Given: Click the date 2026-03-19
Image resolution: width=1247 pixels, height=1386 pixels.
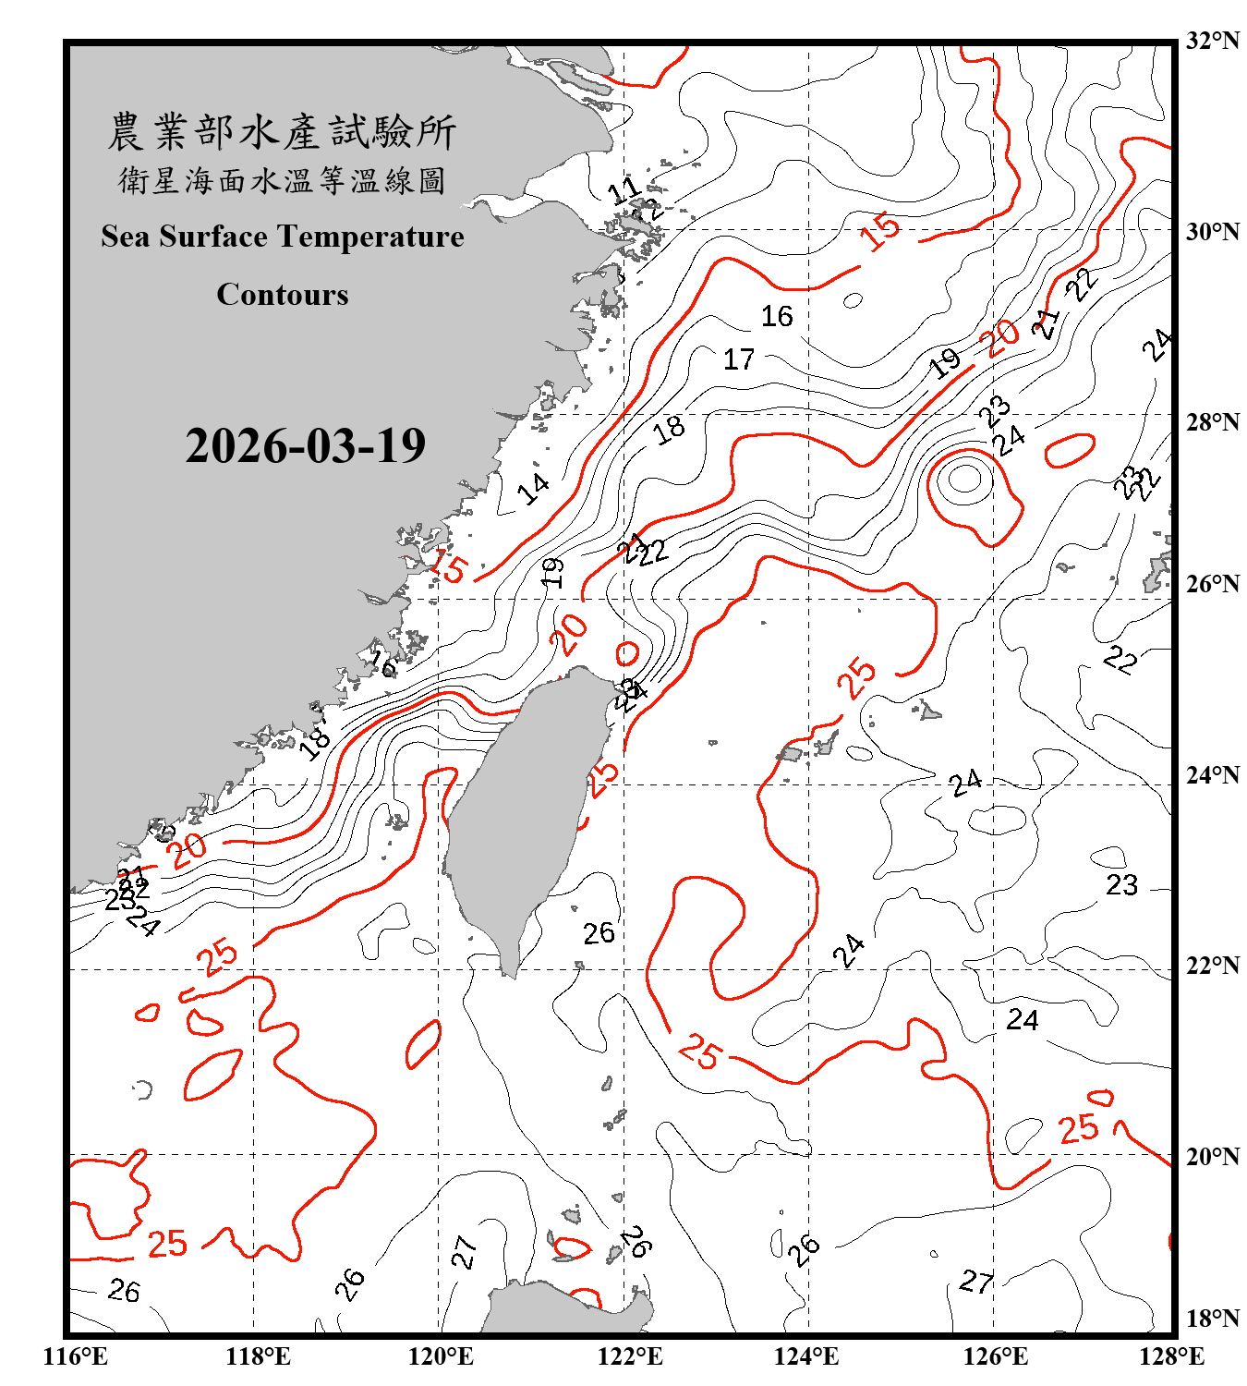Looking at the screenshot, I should point(305,446).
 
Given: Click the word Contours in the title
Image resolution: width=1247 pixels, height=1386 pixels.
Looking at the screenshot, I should point(283,295).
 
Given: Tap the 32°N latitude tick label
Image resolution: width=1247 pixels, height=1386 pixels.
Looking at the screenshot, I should point(1212,41).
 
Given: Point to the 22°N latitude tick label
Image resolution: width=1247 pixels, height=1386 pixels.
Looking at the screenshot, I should point(1212,966).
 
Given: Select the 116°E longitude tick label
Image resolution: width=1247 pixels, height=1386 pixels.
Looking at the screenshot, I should point(76,1356).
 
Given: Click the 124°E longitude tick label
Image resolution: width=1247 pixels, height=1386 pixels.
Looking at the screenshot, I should point(807,1356).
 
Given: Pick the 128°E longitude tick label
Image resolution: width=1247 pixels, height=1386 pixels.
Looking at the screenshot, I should point(1171,1356).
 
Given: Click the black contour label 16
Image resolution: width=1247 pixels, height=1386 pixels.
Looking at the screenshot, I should point(777,317).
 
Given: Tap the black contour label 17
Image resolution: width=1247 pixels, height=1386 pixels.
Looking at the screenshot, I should point(738,359).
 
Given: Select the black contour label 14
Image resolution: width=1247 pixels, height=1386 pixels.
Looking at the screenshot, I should point(533,488).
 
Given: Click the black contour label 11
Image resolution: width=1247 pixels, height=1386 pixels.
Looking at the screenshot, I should point(624,191).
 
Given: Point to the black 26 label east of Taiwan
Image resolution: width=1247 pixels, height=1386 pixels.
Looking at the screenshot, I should point(599,933).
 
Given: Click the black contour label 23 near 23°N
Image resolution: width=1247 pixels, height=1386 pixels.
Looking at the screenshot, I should point(1121,885).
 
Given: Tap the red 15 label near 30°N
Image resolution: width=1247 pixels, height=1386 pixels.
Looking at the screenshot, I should point(879,230).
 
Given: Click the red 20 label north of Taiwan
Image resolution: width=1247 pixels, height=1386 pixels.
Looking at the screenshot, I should point(570,635).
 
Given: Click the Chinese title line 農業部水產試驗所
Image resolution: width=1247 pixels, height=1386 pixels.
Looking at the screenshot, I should point(282,132).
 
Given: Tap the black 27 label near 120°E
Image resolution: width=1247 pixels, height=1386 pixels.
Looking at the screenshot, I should point(464,1252).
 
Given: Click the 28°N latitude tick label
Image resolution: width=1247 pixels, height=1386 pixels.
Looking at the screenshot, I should point(1212,422).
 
